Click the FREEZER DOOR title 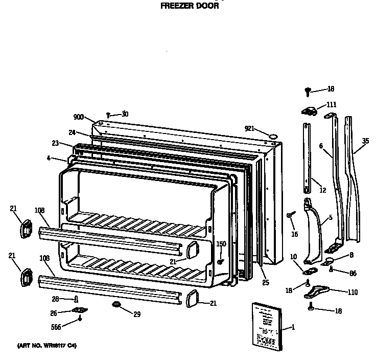(190, 7)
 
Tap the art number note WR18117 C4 (47, 346)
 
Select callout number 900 (78, 117)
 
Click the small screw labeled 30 (109, 115)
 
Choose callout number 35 (365, 141)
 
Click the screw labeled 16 (290, 216)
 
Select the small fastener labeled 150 (220, 261)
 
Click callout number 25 (265, 283)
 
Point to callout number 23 (55, 143)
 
